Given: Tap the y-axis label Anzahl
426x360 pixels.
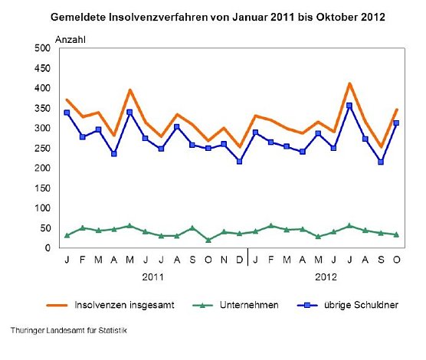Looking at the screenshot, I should point(70,38).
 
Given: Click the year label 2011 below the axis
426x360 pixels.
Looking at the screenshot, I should point(153,275).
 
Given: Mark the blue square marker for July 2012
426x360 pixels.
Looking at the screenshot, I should point(349,106).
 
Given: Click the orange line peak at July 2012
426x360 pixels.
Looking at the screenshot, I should point(349,83).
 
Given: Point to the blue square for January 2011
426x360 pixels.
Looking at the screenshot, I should point(67,113).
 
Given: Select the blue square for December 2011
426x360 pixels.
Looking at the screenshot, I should point(240,162).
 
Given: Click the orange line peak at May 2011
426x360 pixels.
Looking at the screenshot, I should point(130,90).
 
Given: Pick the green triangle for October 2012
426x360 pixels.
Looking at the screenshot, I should point(396,234).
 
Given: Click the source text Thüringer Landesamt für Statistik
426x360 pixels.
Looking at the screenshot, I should point(69,330).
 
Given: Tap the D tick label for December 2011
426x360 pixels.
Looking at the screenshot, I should point(240,260).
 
